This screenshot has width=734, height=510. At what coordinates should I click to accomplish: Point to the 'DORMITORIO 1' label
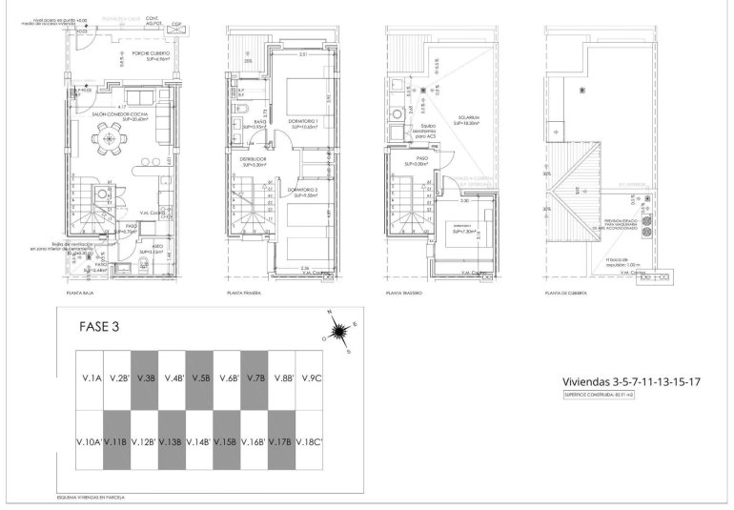pos(304,123)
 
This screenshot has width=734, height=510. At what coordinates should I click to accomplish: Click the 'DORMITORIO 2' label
pos(304,192)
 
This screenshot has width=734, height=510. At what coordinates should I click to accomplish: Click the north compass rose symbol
pos(336,331)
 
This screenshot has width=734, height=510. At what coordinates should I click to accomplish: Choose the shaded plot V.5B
pos(200,377)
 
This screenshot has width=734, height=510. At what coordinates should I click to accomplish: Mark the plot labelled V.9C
pos(311,377)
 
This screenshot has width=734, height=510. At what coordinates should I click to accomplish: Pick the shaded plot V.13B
pos(172,441)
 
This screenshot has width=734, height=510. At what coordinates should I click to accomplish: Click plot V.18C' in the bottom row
pos(311,441)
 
